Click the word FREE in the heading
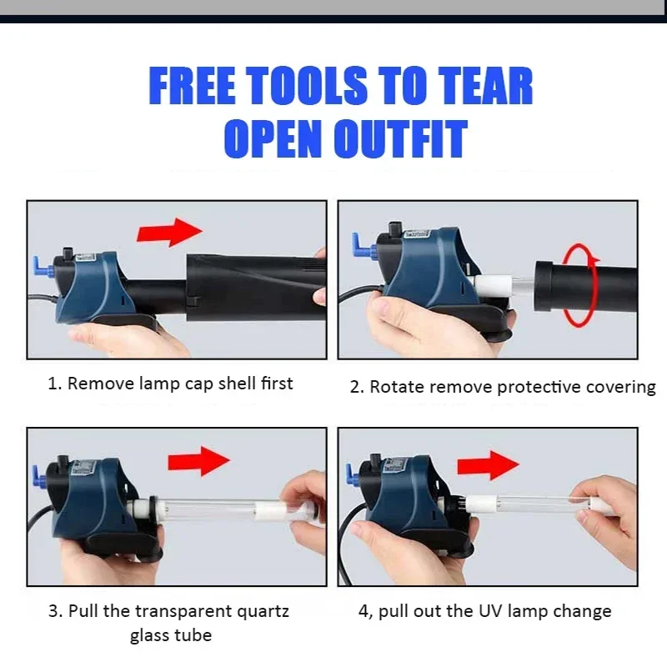(x=192, y=86)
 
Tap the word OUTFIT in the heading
(x=401, y=138)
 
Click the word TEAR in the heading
(x=485, y=86)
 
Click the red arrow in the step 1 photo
(x=169, y=233)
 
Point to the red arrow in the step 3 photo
(x=198, y=461)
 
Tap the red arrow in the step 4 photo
(x=488, y=465)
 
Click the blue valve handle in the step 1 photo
(x=42, y=266)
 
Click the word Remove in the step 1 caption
(x=100, y=384)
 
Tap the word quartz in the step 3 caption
(x=263, y=612)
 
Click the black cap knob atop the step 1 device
(x=68, y=253)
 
